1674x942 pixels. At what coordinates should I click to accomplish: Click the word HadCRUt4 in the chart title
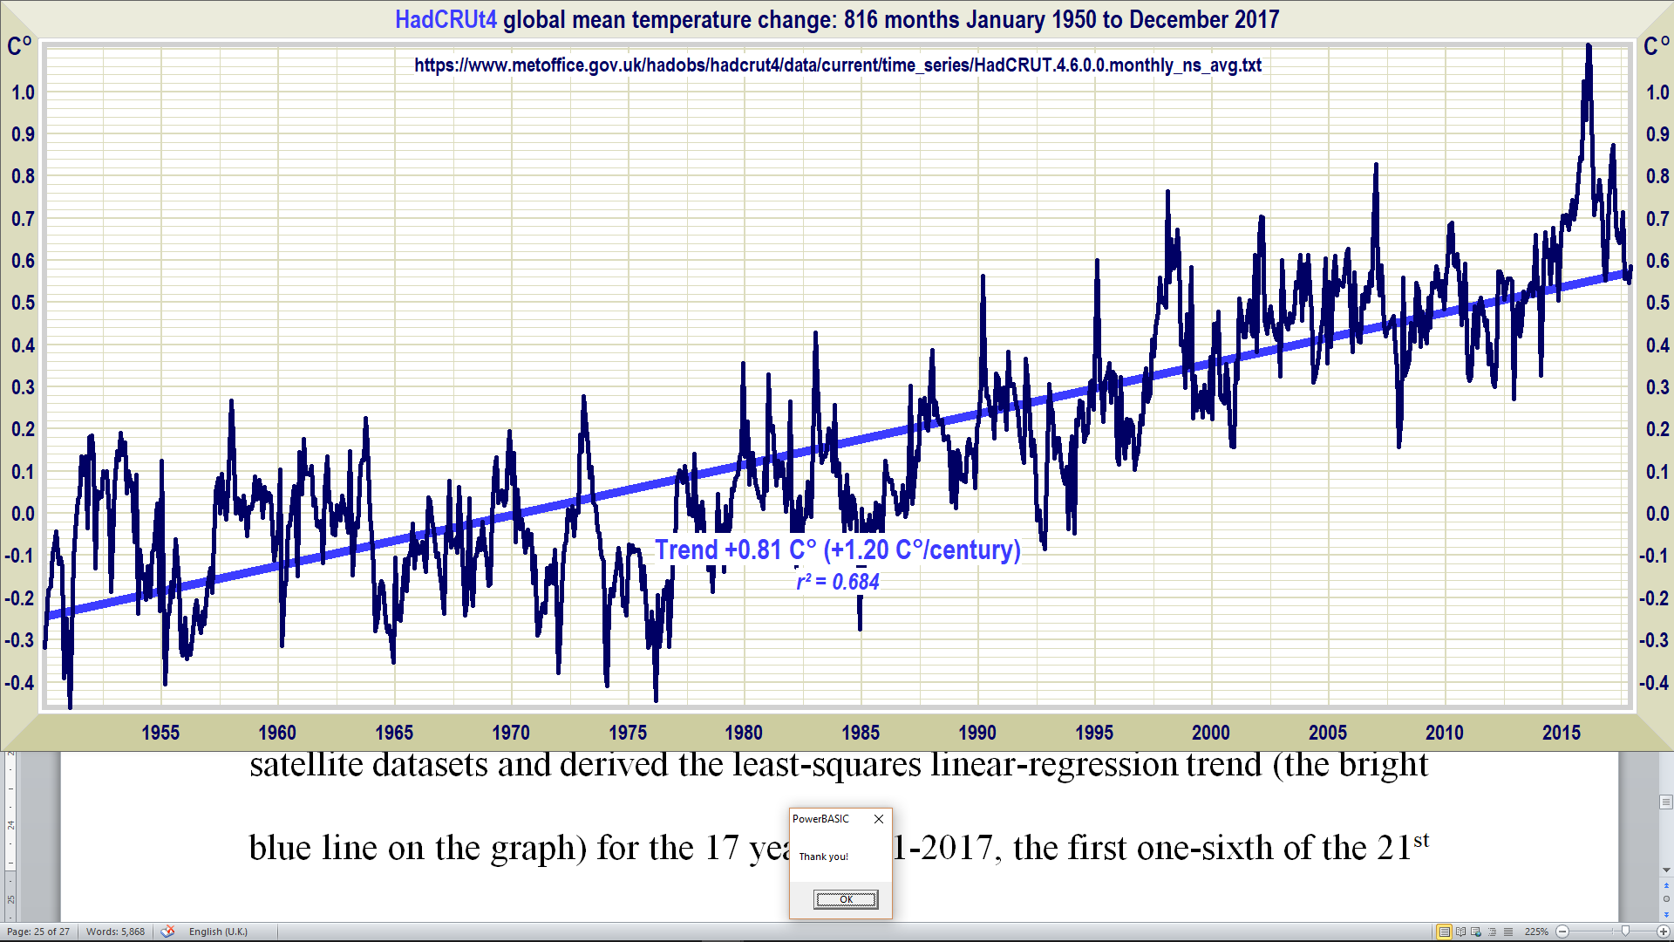click(x=446, y=19)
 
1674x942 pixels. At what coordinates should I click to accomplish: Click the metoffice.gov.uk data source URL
click(x=837, y=65)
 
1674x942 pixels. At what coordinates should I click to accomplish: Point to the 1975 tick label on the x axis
click(x=628, y=733)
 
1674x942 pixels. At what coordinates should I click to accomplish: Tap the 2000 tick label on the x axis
click(x=1211, y=733)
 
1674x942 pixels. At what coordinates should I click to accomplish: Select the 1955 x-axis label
click(x=160, y=733)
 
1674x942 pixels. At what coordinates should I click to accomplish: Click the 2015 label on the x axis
click(x=1561, y=733)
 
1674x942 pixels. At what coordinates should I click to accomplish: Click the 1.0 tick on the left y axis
click(x=23, y=92)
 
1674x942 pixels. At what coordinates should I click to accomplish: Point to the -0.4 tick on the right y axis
click(x=1654, y=683)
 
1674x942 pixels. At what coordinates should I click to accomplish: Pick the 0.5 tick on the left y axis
click(x=23, y=303)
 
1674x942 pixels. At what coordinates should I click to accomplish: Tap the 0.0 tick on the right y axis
click(x=1657, y=514)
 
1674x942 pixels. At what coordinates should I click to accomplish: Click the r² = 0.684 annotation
click(x=838, y=582)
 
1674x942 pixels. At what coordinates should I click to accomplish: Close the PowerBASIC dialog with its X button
click(x=879, y=819)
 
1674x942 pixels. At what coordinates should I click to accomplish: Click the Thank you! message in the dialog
click(x=824, y=857)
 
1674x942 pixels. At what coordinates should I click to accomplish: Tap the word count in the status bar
click(x=115, y=932)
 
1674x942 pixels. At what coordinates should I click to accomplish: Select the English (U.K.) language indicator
click(x=218, y=932)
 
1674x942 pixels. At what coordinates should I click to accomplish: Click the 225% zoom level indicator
click(x=1536, y=932)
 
